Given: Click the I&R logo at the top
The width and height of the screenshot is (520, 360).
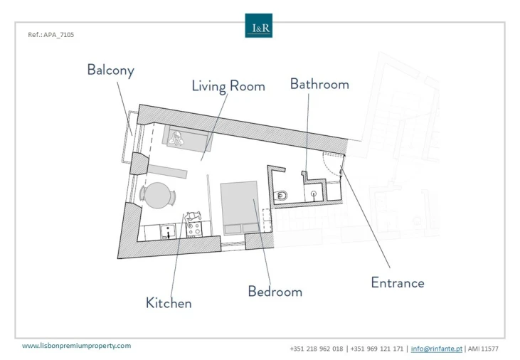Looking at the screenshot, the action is click(x=259, y=26).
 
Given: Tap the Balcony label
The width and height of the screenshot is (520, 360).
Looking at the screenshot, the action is click(x=111, y=70).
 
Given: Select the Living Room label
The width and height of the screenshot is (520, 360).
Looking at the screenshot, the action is click(x=228, y=86).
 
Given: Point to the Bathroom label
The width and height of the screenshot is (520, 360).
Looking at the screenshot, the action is click(x=319, y=84).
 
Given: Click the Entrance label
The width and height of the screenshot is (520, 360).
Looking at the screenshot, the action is click(x=398, y=282).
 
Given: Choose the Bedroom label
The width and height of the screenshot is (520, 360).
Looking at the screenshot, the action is click(x=275, y=291).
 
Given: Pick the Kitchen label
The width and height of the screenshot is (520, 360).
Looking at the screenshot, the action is click(x=169, y=303).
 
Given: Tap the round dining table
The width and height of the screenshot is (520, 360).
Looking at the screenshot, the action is click(x=158, y=196).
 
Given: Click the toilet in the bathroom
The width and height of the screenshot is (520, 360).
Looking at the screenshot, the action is click(x=280, y=196).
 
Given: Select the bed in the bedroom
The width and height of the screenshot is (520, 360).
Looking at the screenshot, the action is click(x=240, y=208).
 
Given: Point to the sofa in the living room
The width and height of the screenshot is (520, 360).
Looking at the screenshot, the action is click(x=187, y=138).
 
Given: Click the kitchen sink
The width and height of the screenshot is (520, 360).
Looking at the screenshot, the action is click(x=168, y=231).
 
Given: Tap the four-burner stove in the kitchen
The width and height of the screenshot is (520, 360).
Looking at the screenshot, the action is click(x=194, y=229).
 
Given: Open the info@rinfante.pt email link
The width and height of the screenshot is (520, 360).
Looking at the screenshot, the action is click(x=437, y=349).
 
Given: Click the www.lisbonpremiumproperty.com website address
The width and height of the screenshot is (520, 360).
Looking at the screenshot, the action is click(x=77, y=346).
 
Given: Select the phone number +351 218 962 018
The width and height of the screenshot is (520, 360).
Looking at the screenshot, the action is click(x=317, y=349).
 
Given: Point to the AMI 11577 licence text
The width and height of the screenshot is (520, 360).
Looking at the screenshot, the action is click(x=483, y=349).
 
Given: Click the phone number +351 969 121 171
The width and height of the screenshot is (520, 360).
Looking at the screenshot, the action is click(x=377, y=349).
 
